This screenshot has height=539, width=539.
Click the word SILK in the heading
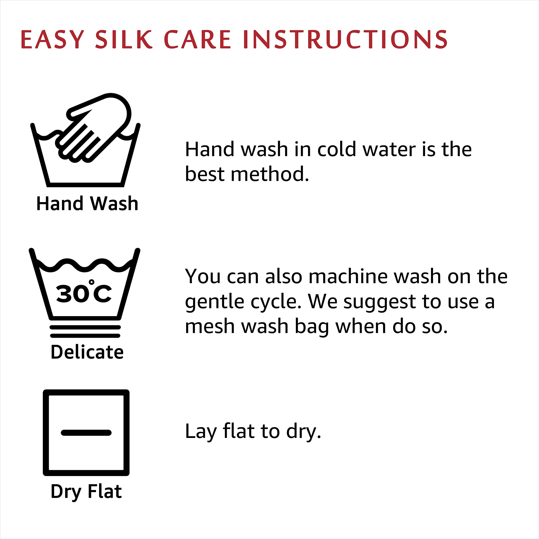[x=124, y=39]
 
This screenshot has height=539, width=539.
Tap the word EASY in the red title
[x=52, y=39]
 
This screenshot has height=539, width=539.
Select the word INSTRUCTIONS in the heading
[x=345, y=39]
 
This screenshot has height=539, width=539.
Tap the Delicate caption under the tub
[x=87, y=352]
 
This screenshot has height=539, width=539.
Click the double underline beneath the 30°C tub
[x=85, y=331]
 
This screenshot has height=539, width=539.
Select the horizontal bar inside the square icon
[x=86, y=433]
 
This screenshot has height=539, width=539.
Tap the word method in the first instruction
[x=269, y=174]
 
